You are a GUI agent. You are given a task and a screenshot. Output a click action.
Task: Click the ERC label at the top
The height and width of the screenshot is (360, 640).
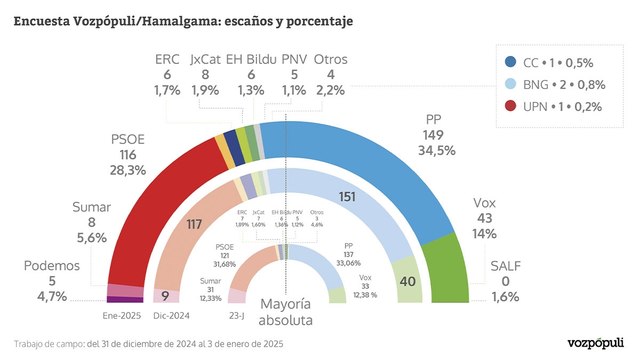(167, 73)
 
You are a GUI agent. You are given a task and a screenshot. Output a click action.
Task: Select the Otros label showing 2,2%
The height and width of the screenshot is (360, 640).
(331, 73)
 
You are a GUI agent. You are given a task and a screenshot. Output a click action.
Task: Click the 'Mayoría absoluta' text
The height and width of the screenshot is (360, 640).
(286, 312)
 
